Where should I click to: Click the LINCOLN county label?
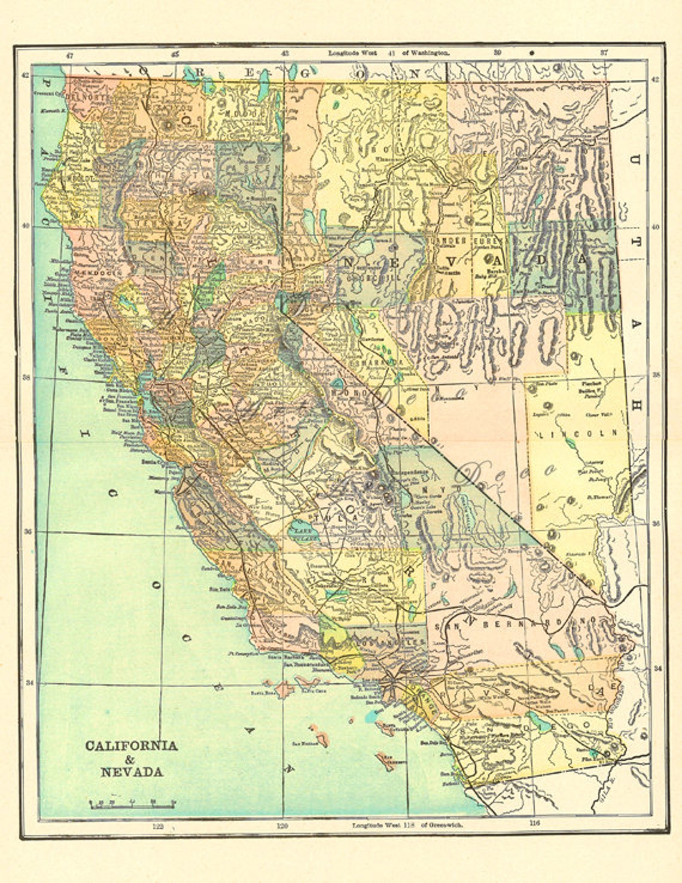click(577, 434)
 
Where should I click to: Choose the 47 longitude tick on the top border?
click(69, 54)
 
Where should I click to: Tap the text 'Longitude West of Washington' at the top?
click(389, 53)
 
